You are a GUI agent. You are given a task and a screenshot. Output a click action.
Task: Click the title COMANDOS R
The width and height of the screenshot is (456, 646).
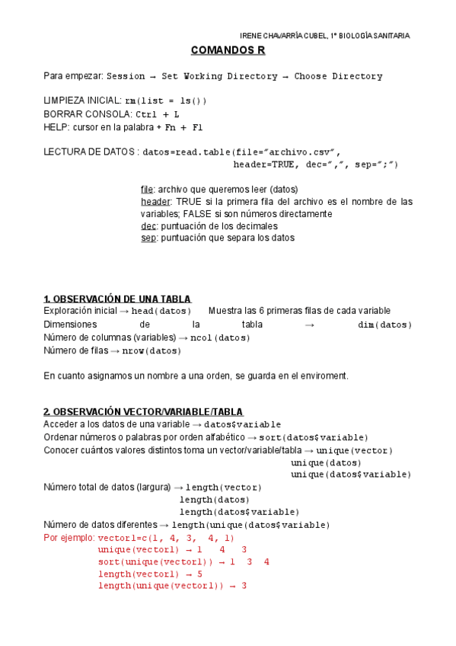(228, 51)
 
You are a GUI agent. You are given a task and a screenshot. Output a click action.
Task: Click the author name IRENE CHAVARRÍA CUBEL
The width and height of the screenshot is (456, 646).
(284, 35)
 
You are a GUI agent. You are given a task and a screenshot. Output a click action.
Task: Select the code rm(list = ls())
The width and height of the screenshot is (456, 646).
(165, 101)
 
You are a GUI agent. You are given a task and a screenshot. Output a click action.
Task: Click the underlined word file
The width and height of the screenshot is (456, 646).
(147, 189)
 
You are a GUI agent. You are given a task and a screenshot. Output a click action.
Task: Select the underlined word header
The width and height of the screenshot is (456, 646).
(155, 201)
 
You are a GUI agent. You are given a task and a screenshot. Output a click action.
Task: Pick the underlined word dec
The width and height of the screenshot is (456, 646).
(148, 225)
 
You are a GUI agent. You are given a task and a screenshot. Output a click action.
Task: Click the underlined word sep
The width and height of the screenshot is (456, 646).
(148, 238)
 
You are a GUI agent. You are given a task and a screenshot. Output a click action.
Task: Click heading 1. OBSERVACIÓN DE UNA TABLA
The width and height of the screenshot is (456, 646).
(117, 299)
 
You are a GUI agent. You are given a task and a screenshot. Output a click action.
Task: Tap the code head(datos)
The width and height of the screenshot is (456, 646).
(161, 311)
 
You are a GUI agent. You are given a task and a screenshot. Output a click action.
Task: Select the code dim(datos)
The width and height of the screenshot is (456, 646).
(384, 325)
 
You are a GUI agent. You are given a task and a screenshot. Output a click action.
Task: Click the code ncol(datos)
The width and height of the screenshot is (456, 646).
(220, 337)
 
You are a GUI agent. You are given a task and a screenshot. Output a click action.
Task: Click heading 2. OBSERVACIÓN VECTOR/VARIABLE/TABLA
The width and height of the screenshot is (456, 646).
(143, 411)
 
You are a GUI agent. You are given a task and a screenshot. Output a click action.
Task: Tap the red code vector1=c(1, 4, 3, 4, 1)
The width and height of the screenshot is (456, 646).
(167, 538)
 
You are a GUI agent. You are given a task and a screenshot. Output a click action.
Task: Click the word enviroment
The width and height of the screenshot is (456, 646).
(320, 376)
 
